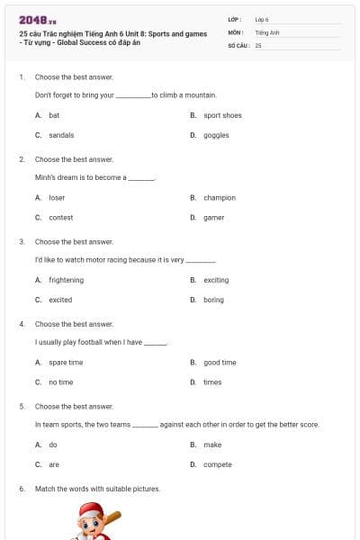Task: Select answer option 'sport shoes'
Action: pos(222,115)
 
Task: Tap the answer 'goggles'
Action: pos(216,135)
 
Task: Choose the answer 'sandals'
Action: pos(61,135)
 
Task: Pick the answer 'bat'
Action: pos(54,115)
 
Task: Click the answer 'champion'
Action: pos(220,197)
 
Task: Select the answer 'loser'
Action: pos(57,197)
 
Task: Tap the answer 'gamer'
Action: pos(214,217)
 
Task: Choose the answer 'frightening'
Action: pos(66,280)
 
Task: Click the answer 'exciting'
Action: pos(216,280)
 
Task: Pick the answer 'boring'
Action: pos(213,300)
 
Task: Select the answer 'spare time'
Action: pos(66,362)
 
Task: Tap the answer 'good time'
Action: pos(220,362)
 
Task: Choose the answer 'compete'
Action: pos(218,464)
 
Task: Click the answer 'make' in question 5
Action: pos(212,445)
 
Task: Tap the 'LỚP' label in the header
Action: pos(235,19)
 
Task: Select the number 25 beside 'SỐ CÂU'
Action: pos(258,44)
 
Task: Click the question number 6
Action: pos(22,489)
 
